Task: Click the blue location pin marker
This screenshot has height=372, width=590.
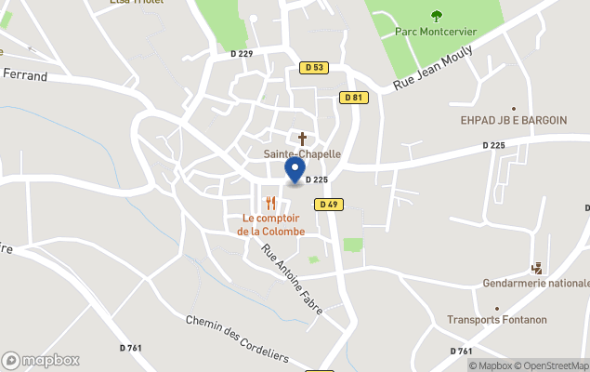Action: coord(295,170)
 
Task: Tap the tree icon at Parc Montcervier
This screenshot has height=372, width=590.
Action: coord(437,15)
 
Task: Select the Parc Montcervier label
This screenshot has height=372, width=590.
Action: coord(436,32)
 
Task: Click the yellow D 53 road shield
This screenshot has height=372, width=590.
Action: coord(314,67)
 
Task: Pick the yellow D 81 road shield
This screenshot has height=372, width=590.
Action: coord(352,98)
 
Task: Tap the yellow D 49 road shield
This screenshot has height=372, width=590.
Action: coord(326,205)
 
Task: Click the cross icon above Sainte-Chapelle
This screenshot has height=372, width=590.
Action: coord(302,138)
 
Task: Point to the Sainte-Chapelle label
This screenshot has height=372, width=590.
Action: coord(302,153)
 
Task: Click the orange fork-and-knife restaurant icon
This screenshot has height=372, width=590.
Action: coord(270,203)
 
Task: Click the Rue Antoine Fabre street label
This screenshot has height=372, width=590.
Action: coord(292,277)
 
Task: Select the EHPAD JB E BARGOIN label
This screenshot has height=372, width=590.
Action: coord(514,120)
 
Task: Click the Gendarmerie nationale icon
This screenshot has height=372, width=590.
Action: coord(536,267)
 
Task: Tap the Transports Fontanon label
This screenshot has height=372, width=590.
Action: coord(497,320)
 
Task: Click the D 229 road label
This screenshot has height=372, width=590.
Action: coord(241,54)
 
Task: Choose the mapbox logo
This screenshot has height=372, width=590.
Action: coord(42,360)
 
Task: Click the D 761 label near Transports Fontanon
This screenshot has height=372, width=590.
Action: coord(461,351)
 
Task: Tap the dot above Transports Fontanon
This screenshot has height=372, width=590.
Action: coord(497,308)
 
